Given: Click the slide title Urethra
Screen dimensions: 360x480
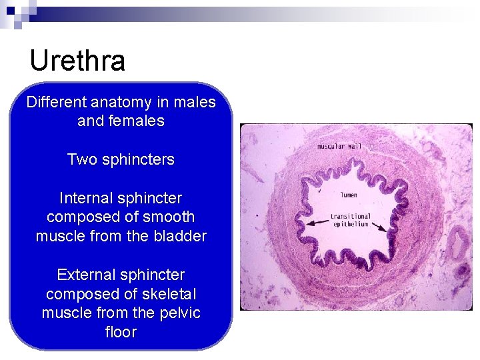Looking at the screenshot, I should coord(77,61).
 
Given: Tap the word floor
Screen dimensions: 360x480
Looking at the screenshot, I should coord(121,332).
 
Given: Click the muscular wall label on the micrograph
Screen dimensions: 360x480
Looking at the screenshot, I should coord(339,146).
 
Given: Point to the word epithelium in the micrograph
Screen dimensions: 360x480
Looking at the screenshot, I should coord(351,224).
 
